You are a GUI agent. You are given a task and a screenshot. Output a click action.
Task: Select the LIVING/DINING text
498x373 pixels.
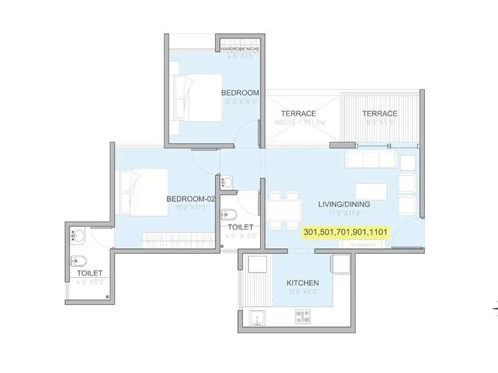click(344, 204)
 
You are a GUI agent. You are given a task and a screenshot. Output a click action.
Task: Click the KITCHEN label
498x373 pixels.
click(303, 283)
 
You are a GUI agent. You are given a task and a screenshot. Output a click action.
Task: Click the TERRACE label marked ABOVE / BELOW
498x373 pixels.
click(298, 114)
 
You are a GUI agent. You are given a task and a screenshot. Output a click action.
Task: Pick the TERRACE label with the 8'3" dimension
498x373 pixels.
click(380, 114)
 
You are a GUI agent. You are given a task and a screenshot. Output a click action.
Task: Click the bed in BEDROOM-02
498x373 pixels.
click(139, 190)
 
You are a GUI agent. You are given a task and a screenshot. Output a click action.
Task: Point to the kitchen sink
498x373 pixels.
click(255, 319)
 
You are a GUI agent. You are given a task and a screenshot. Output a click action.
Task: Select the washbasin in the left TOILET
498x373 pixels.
click(77, 236)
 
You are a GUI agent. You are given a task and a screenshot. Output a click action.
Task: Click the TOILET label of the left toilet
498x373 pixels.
click(90, 272)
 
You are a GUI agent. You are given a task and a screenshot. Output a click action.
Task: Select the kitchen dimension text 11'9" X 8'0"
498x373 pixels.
click(303, 291)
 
